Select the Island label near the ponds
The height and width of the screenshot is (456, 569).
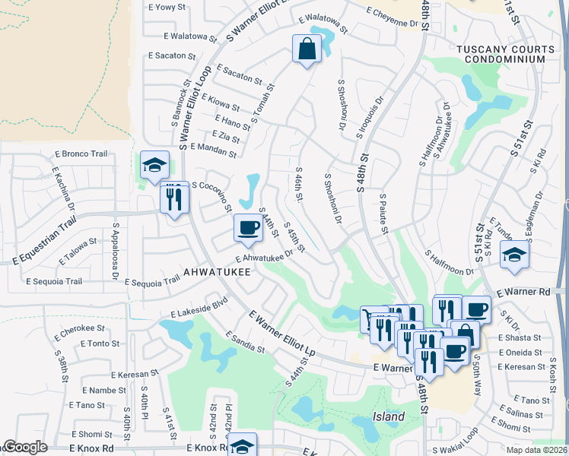(x=388, y=416)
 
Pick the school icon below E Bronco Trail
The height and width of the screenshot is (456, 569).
(x=154, y=164)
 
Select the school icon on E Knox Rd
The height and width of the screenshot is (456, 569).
(x=243, y=445)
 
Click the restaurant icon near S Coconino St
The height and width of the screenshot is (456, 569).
(x=173, y=199)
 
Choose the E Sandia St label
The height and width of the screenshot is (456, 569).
(x=244, y=342)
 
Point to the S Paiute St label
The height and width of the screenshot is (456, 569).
(x=384, y=213)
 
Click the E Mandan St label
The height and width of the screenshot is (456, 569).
(x=213, y=150)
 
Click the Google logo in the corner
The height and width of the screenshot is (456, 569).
(x=24, y=448)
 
